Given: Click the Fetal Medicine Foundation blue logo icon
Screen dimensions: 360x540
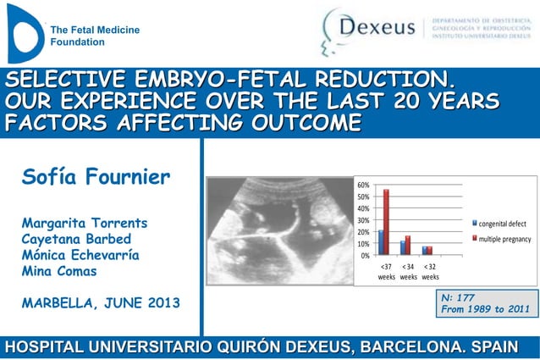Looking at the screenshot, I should [24, 32].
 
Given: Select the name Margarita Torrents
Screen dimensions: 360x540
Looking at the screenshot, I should [85, 223].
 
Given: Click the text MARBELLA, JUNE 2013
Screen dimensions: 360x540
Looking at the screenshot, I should [100, 302].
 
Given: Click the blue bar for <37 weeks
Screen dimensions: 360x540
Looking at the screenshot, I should [381, 242].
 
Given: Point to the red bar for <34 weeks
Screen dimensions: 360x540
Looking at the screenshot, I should [408, 245].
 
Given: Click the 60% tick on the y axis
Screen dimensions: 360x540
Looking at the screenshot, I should [362, 185].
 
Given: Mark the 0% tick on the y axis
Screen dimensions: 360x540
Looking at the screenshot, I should [365, 255].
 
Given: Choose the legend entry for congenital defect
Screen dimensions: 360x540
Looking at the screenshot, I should [502, 224].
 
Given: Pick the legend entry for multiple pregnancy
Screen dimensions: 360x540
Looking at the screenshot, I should [504, 239].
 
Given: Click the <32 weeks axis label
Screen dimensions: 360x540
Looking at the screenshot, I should [430, 271].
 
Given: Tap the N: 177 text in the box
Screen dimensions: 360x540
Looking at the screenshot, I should [459, 298].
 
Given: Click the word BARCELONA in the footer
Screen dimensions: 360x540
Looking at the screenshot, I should [412, 346].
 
